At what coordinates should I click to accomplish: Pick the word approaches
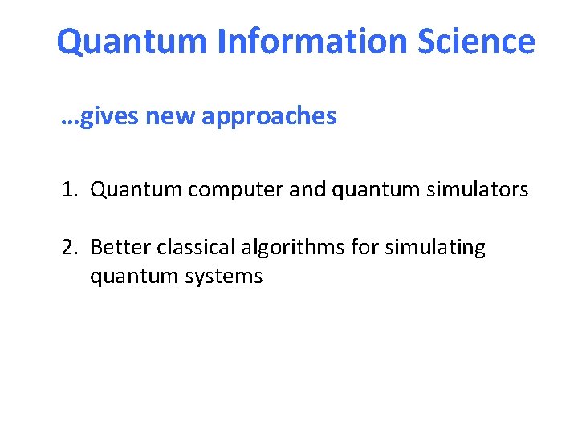click(269, 117)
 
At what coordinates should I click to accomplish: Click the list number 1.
click(68, 190)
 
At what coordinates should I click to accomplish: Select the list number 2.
click(68, 247)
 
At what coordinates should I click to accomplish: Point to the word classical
click(189, 247)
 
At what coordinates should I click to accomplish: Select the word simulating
click(435, 247)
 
